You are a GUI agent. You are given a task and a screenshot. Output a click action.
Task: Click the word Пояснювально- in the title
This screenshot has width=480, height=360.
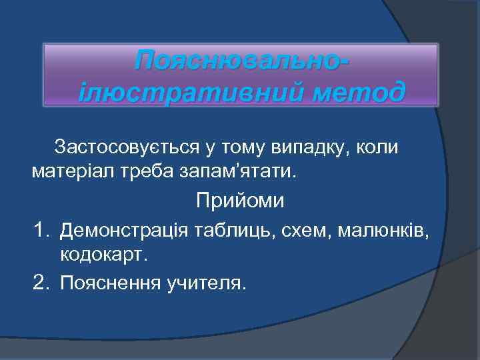241,63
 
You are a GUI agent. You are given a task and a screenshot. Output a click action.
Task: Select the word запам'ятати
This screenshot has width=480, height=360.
235,172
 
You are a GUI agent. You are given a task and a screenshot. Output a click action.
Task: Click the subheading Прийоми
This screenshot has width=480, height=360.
240,200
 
